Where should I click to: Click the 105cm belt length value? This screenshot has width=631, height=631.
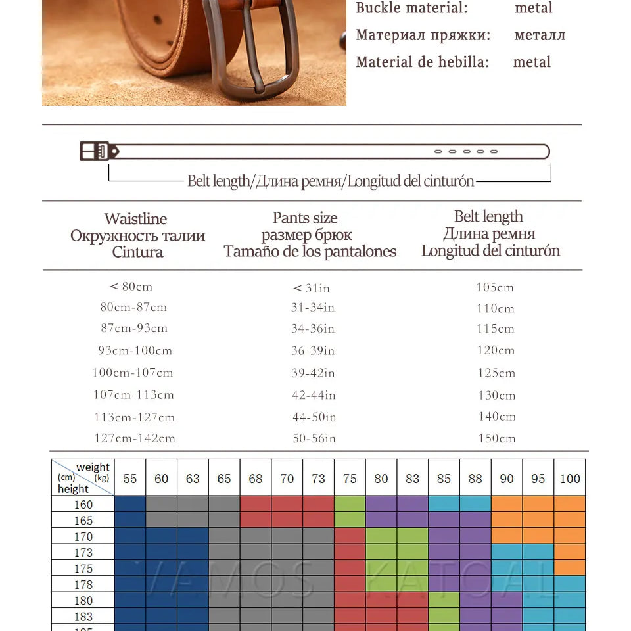pos(495,287)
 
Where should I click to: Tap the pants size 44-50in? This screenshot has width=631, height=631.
pos(314,417)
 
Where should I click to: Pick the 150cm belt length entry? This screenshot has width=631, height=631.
pos(496,438)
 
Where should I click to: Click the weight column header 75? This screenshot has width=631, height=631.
pos(350,479)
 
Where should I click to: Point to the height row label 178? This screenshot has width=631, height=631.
pos(83,584)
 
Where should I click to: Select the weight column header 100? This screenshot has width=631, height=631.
pos(570,479)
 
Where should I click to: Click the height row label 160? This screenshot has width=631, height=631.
pos(83,505)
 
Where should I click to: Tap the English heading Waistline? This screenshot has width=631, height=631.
pos(135,219)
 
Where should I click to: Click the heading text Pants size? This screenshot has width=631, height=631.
pos(305,218)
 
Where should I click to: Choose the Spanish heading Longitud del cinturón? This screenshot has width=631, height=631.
pos(490,250)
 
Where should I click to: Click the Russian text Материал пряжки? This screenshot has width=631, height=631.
pos(423,35)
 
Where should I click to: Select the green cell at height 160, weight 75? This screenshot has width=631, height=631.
pos(350,504)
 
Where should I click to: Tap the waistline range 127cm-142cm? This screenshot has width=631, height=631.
pos(134,438)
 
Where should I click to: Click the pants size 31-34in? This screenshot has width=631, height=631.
pos(313,308)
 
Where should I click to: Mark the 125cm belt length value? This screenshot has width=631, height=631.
pos(496,373)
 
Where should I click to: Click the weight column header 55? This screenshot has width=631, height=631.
pos(130,479)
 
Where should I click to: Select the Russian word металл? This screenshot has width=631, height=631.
pos(540,35)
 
